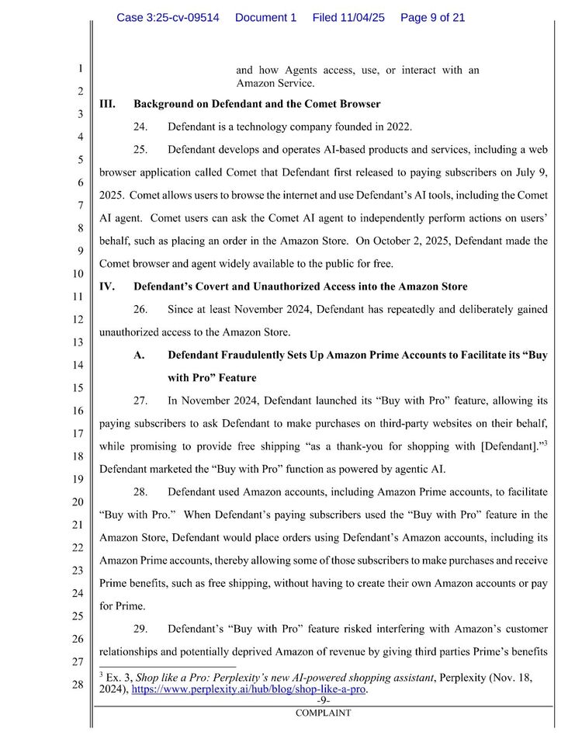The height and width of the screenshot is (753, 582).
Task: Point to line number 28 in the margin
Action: pos(78,685)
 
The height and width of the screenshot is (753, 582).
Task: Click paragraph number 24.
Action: pos(140,127)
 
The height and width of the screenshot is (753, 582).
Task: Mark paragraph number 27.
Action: pos(140,401)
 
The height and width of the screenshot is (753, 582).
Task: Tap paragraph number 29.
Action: pos(140,628)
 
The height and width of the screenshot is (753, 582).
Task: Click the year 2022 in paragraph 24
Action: pos(399,127)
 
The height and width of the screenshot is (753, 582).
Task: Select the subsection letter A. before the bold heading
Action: pos(140,355)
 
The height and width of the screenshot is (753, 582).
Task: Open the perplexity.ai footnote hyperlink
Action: pos(249,689)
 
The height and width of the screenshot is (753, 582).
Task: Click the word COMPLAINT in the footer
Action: pos(323,713)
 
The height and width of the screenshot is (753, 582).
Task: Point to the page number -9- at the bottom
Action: pos(323,699)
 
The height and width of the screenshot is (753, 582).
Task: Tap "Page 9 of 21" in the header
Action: pos(432,17)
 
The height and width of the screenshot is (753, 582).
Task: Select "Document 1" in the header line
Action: pos(265,17)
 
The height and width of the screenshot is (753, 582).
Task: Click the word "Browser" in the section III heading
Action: pos(359,104)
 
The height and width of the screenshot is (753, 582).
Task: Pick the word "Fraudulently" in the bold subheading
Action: pos(252,355)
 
